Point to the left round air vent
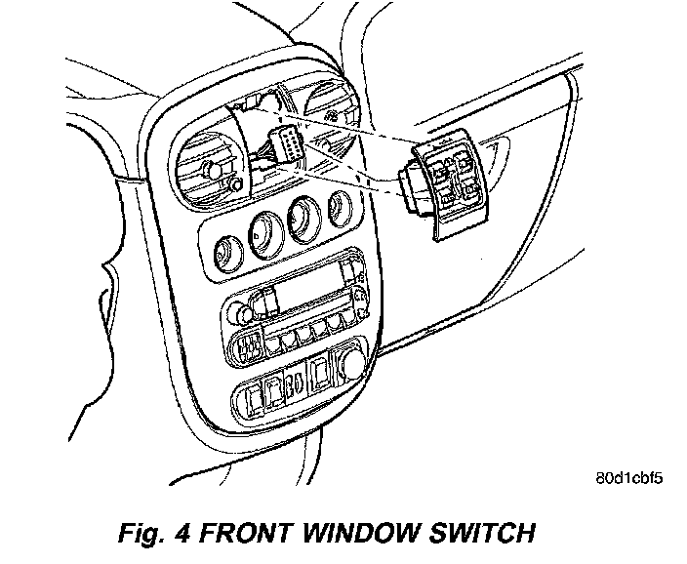[209, 167]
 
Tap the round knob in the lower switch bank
[348, 366]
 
